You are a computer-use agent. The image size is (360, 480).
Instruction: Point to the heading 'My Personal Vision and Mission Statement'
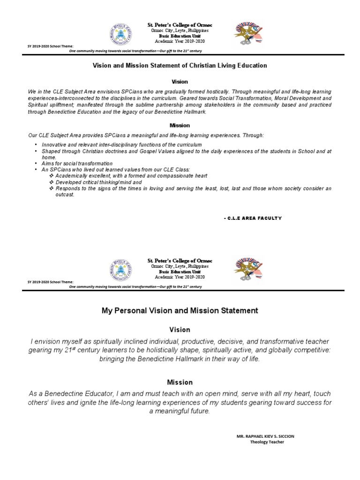pos(180,310)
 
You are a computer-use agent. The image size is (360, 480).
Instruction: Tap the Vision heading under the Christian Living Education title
pos(180,82)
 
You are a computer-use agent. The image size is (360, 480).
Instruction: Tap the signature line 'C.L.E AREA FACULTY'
pos(253,218)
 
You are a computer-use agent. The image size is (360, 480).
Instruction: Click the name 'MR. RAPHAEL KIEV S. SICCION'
pos(266,436)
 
